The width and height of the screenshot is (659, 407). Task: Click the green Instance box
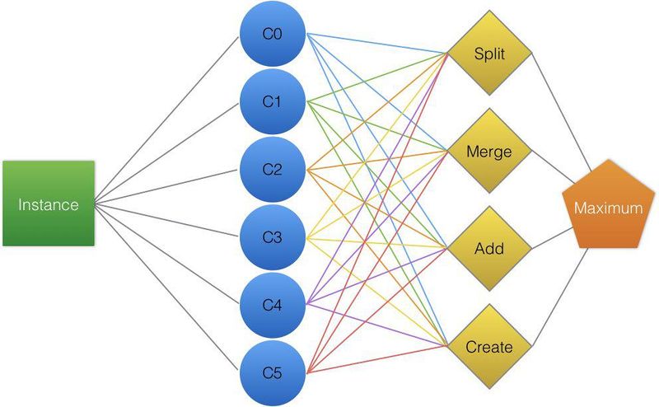[49, 203]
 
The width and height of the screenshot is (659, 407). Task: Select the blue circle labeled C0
[273, 34]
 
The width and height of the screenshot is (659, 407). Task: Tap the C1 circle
[273, 102]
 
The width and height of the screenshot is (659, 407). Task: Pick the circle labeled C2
[273, 170]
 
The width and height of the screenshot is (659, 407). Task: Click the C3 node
[273, 237]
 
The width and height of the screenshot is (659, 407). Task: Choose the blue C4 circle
[273, 305]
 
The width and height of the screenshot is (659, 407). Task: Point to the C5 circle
[273, 373]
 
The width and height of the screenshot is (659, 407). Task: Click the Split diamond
[489, 53]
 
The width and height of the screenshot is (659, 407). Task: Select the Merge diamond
[489, 151]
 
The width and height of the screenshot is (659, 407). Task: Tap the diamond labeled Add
[489, 249]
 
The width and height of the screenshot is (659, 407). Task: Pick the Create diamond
[489, 347]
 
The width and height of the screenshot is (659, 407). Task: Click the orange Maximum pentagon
[608, 206]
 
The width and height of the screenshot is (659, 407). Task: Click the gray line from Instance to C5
[166, 288]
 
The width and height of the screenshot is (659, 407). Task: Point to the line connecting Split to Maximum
[562, 112]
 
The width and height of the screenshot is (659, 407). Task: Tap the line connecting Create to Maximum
[560, 297]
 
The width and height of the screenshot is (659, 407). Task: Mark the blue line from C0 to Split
[377, 44]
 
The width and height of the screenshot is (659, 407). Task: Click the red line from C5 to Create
[377, 359]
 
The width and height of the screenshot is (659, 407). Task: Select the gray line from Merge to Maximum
[554, 167]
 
